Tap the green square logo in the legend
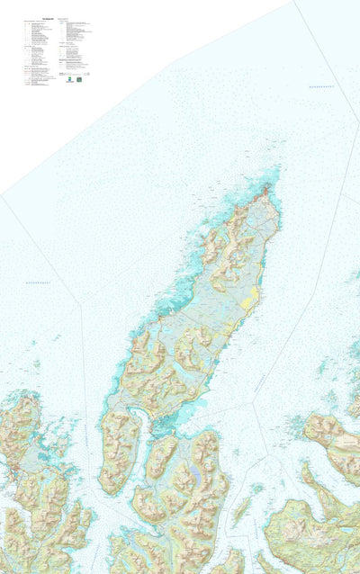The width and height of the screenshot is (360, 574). click(68, 79)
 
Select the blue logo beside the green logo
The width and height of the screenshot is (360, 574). click(79, 79)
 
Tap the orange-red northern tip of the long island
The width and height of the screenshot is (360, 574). click(265, 192)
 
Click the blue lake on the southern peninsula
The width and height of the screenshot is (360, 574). click(193, 475)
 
